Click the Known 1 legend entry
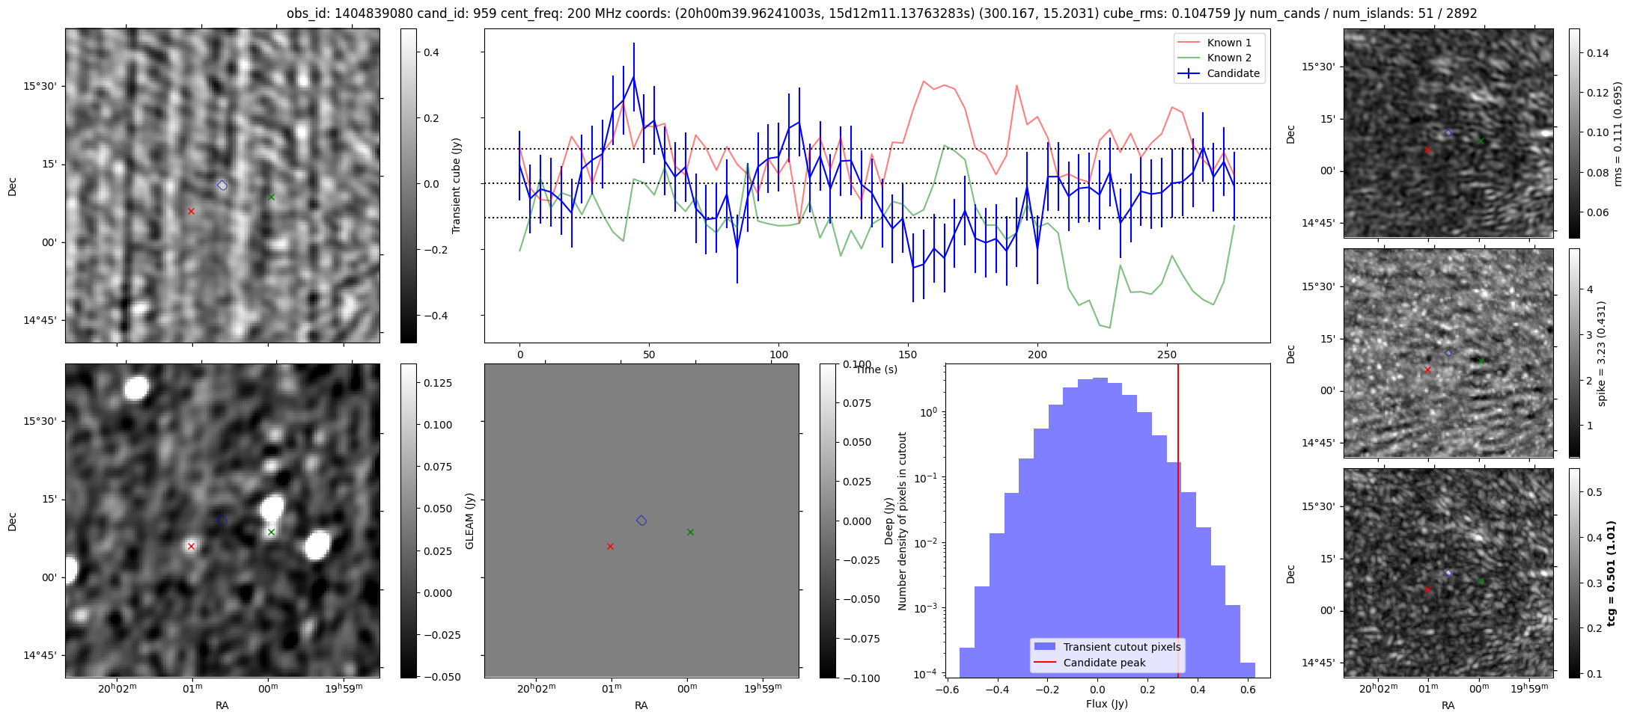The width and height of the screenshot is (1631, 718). pyautogui.click(x=1219, y=43)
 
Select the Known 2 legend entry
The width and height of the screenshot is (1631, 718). pyautogui.click(x=1219, y=58)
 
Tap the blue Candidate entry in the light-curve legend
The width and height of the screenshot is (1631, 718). pyautogui.click(x=1219, y=73)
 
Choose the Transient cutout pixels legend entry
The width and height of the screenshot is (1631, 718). pyautogui.click(x=1107, y=647)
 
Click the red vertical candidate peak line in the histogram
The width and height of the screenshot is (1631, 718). pyautogui.click(x=1178, y=521)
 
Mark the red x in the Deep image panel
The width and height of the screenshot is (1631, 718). pyautogui.click(x=191, y=546)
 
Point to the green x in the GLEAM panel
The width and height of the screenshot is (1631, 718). pyautogui.click(x=690, y=532)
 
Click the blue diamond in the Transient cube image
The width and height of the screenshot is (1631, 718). pyautogui.click(x=222, y=185)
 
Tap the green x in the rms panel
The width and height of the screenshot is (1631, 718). pyautogui.click(x=1481, y=141)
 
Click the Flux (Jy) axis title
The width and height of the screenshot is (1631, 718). pyautogui.click(x=1107, y=704)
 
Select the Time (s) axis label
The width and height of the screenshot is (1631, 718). pyautogui.click(x=877, y=369)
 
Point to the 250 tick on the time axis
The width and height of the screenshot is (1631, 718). pyautogui.click(x=1167, y=355)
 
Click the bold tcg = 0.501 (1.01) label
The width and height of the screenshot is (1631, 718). pyautogui.click(x=1611, y=573)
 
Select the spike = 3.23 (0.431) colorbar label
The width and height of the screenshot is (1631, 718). pyautogui.click(x=1602, y=354)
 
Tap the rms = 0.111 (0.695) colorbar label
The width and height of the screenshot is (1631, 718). pyautogui.click(x=1618, y=134)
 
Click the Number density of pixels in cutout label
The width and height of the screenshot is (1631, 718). pyautogui.click(x=902, y=521)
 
